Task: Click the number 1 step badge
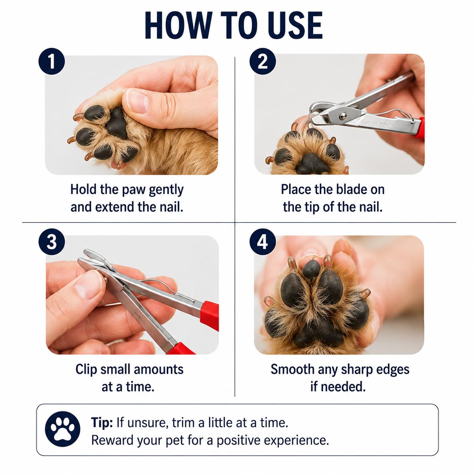52,61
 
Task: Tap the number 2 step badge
262,61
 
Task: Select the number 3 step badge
52,242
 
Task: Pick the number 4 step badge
262,242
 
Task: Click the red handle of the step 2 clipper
420,128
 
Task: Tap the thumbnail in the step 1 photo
137,101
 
